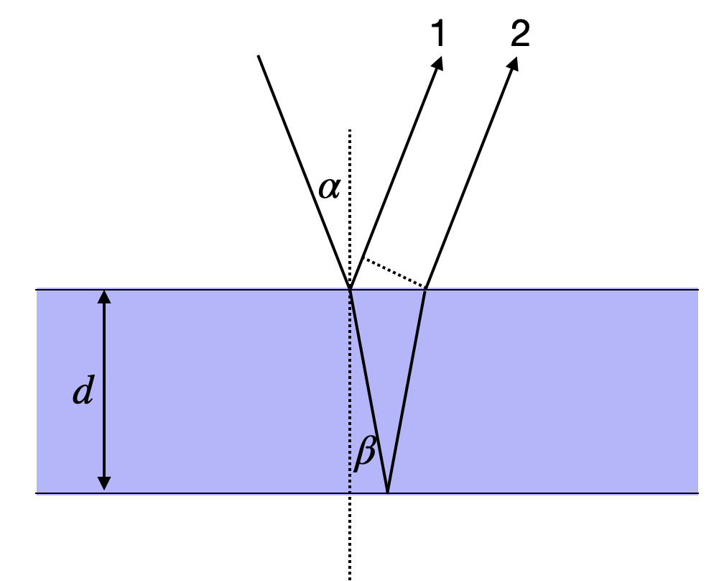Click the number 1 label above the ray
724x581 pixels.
point(438,33)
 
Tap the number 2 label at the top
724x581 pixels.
point(519,33)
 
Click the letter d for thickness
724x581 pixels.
point(84,391)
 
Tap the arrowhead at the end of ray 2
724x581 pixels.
point(513,63)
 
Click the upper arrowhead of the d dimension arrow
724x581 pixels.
point(105,296)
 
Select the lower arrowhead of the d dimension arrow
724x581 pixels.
point(105,483)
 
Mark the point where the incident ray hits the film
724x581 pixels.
point(350,289)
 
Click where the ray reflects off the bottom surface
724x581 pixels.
point(388,493)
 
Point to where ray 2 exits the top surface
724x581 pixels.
point(426,289)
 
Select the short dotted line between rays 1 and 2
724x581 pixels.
point(394,273)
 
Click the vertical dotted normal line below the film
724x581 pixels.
point(350,539)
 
